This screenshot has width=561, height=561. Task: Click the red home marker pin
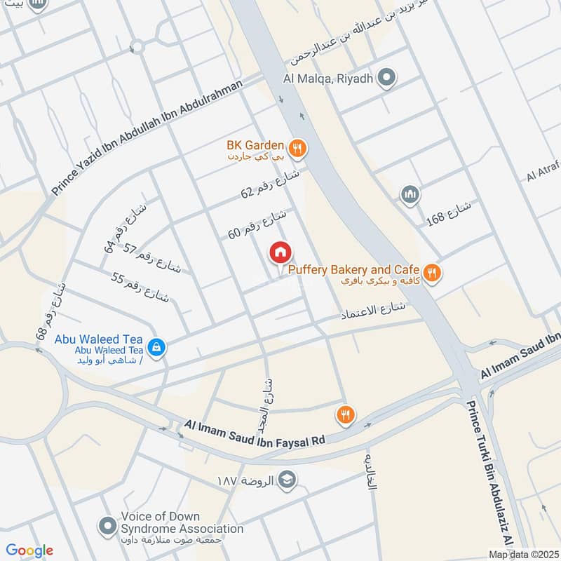pos(280,253)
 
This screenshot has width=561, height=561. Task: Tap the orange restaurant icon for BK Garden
pos(297,147)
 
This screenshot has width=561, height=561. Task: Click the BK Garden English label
pos(255,146)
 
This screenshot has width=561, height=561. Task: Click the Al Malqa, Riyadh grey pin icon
pos(385,79)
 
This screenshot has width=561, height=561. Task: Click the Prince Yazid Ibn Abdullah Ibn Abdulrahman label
pos(147,137)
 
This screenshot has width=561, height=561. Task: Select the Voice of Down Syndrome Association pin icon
pos(107,525)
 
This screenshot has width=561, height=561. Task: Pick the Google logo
pos(30,550)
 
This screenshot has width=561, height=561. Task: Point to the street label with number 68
pos(53,310)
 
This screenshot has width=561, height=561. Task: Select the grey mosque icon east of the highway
pos(410,194)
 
